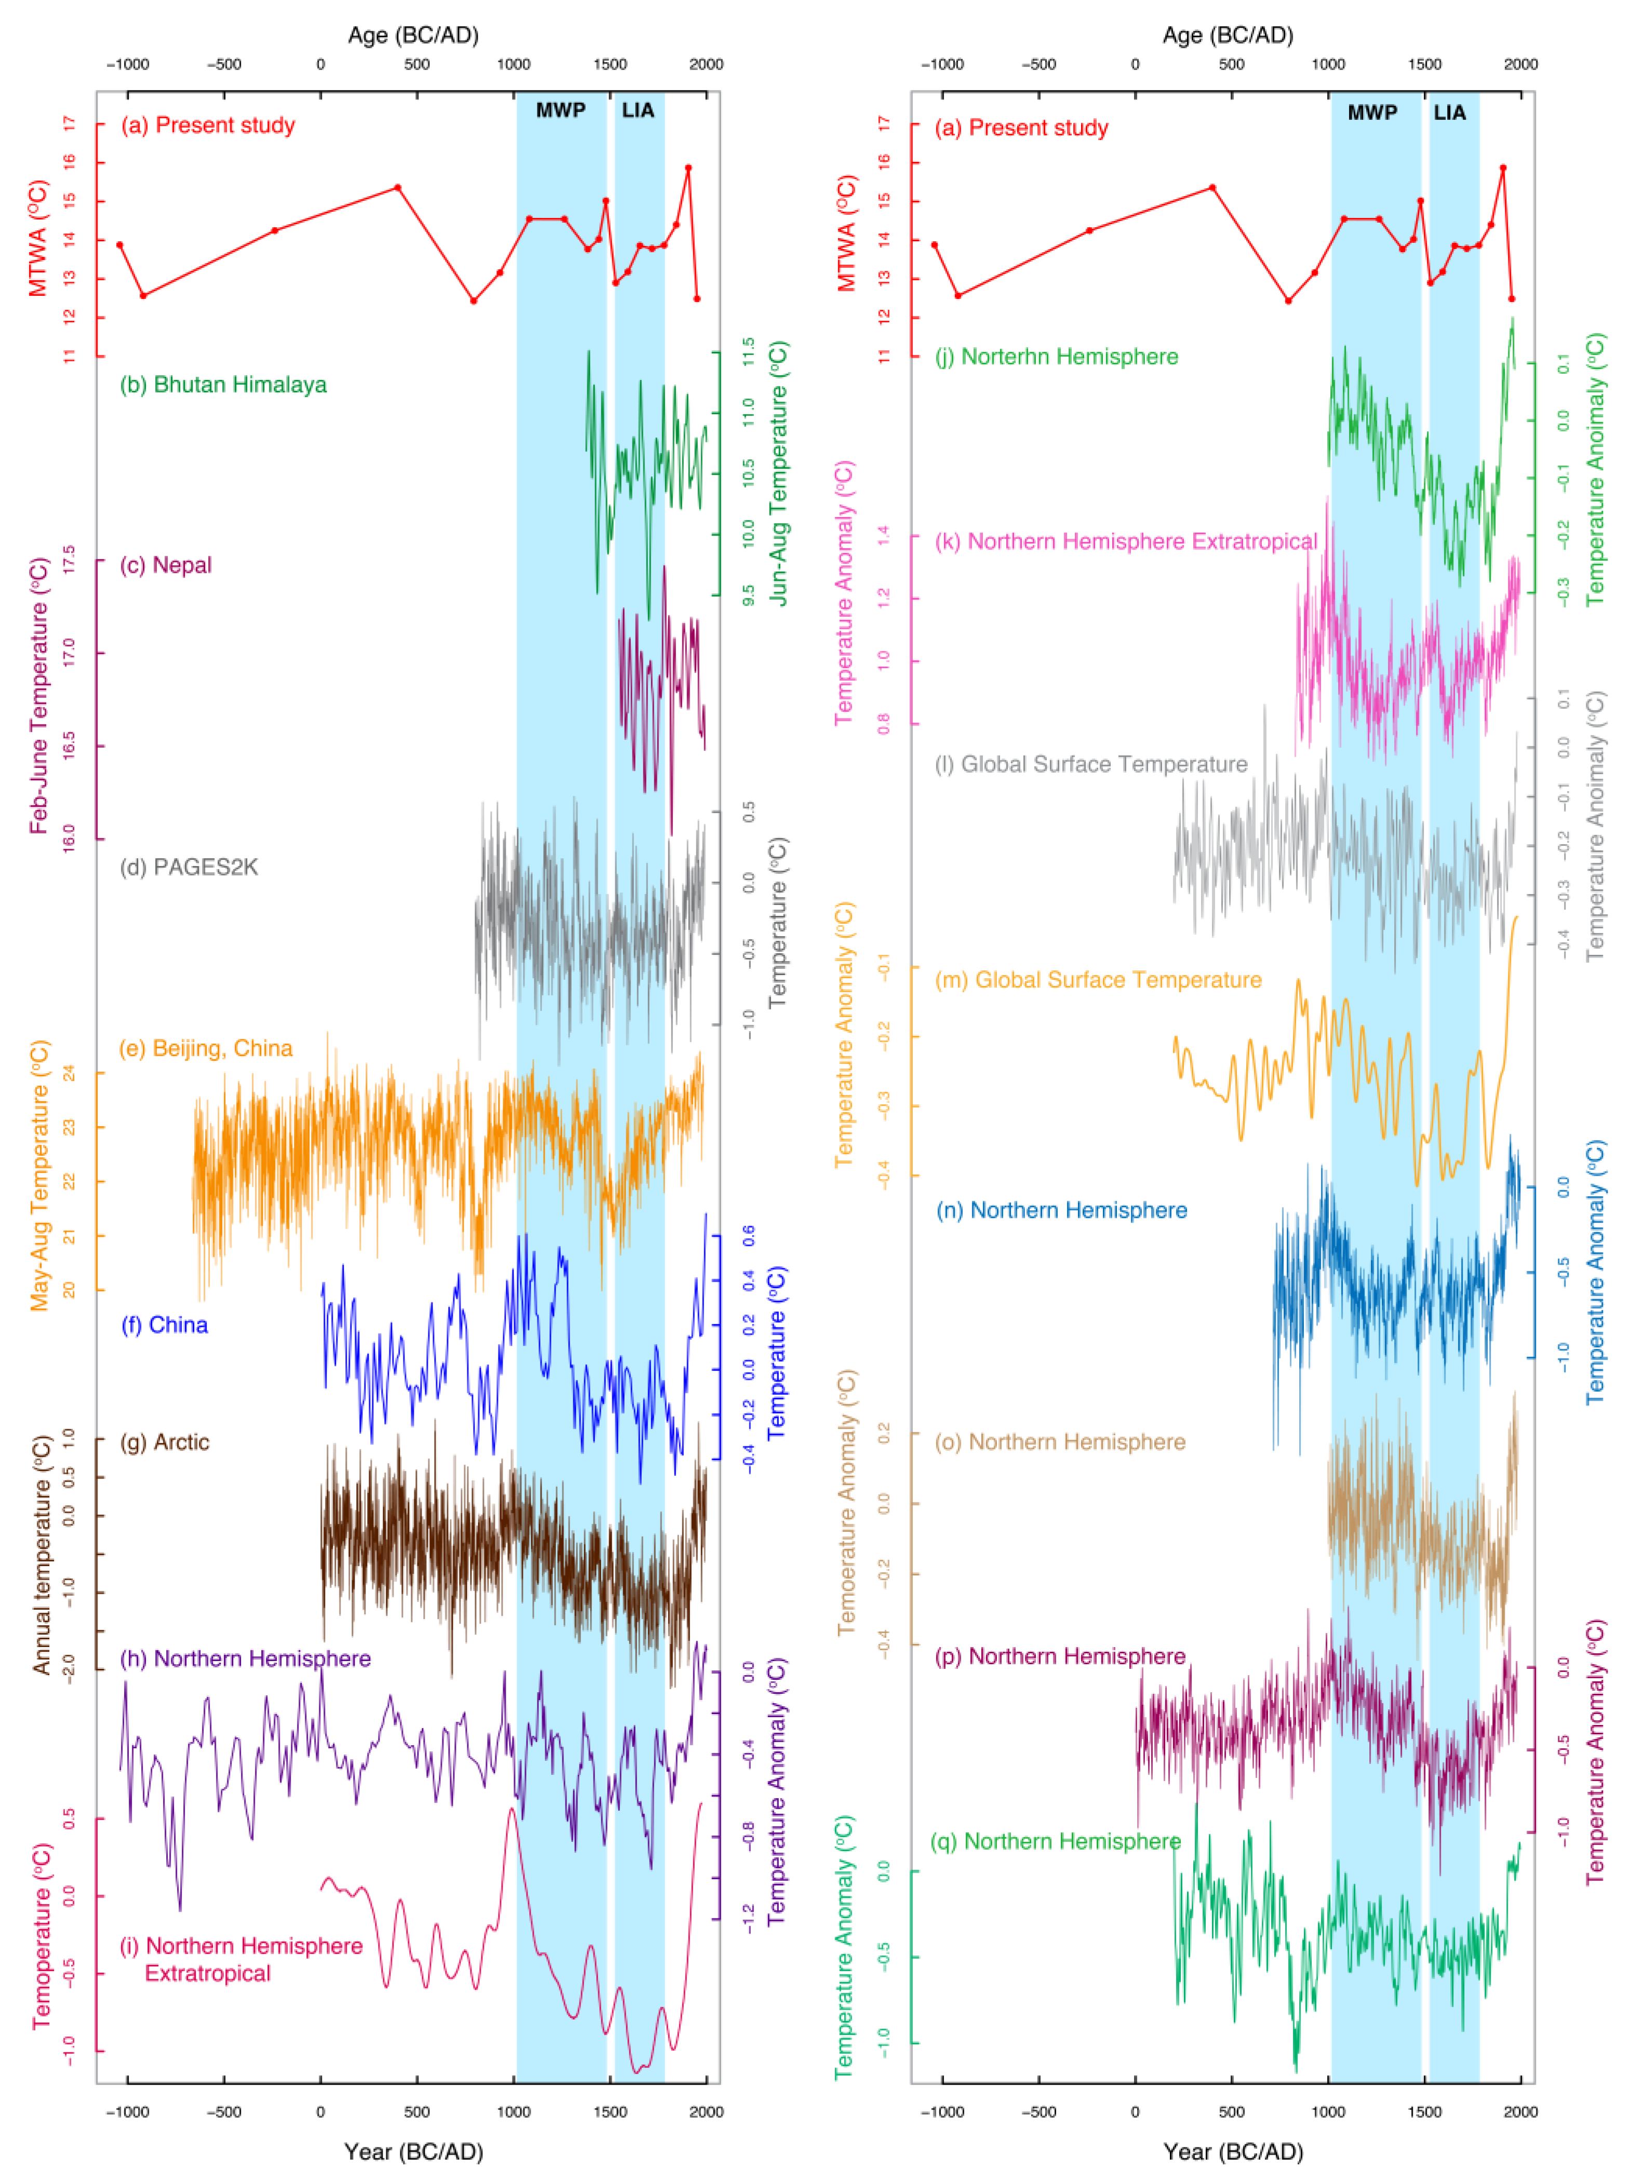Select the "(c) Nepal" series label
[x=166, y=565]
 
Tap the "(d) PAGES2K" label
[x=188, y=867]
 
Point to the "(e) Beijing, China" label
[x=206, y=1048]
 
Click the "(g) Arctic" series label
[x=165, y=1442]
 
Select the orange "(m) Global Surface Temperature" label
[x=1098, y=980]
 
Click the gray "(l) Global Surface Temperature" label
[x=1091, y=764]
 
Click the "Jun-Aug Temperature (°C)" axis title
[x=777, y=473]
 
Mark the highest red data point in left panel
[x=688, y=168]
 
